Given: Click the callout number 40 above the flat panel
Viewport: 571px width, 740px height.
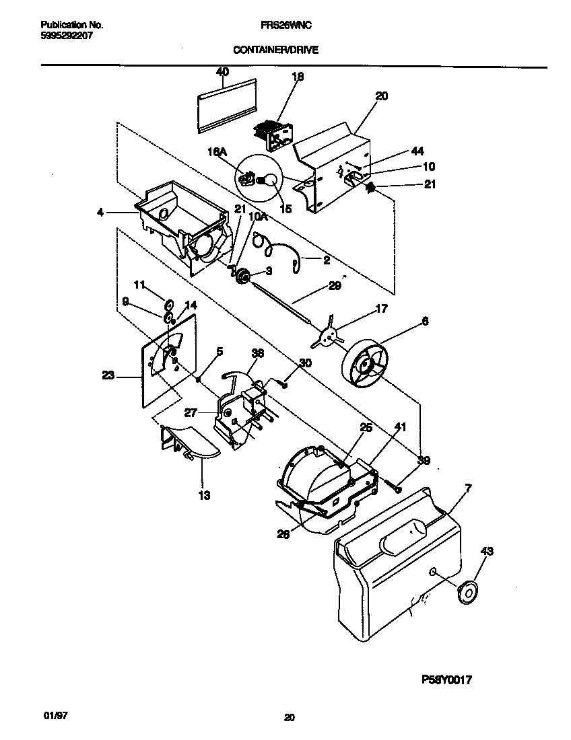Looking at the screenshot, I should (222, 72).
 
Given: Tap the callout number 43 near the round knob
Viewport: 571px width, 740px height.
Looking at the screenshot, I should (486, 552).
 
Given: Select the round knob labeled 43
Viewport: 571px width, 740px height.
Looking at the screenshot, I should (463, 591).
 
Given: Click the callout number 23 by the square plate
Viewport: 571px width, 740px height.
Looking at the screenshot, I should (108, 376).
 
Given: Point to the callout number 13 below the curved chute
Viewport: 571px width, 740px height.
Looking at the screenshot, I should (204, 496).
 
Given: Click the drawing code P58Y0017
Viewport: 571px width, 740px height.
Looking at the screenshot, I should (445, 680).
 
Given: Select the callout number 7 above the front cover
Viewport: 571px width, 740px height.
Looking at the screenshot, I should (469, 486).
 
